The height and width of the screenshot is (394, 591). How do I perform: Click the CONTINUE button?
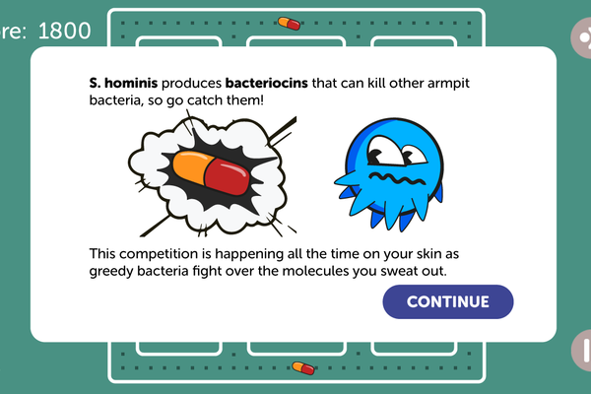[x=448, y=301]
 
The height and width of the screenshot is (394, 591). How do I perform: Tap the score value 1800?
[x=64, y=31]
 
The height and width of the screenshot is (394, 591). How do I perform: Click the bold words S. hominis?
[x=123, y=83]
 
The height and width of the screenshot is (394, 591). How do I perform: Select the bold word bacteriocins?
[x=267, y=83]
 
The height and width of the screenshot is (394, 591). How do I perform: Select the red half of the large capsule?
[x=228, y=176]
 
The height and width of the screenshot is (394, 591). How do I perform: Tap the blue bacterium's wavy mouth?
[x=397, y=178]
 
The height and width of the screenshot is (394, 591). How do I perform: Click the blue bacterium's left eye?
[x=382, y=151]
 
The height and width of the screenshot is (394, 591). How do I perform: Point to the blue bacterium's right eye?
[x=415, y=155]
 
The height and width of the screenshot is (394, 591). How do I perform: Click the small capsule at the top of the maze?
[x=289, y=24]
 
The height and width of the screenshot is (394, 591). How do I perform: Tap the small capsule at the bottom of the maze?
[x=303, y=368]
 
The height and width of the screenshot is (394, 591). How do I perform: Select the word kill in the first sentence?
[x=377, y=83]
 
